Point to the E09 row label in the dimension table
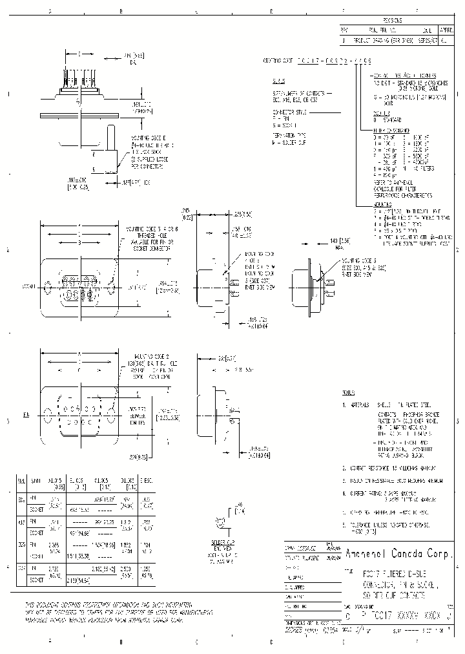pyautogui.click(x=21, y=499)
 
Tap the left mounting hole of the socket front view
pyautogui.click(x=48, y=284)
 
